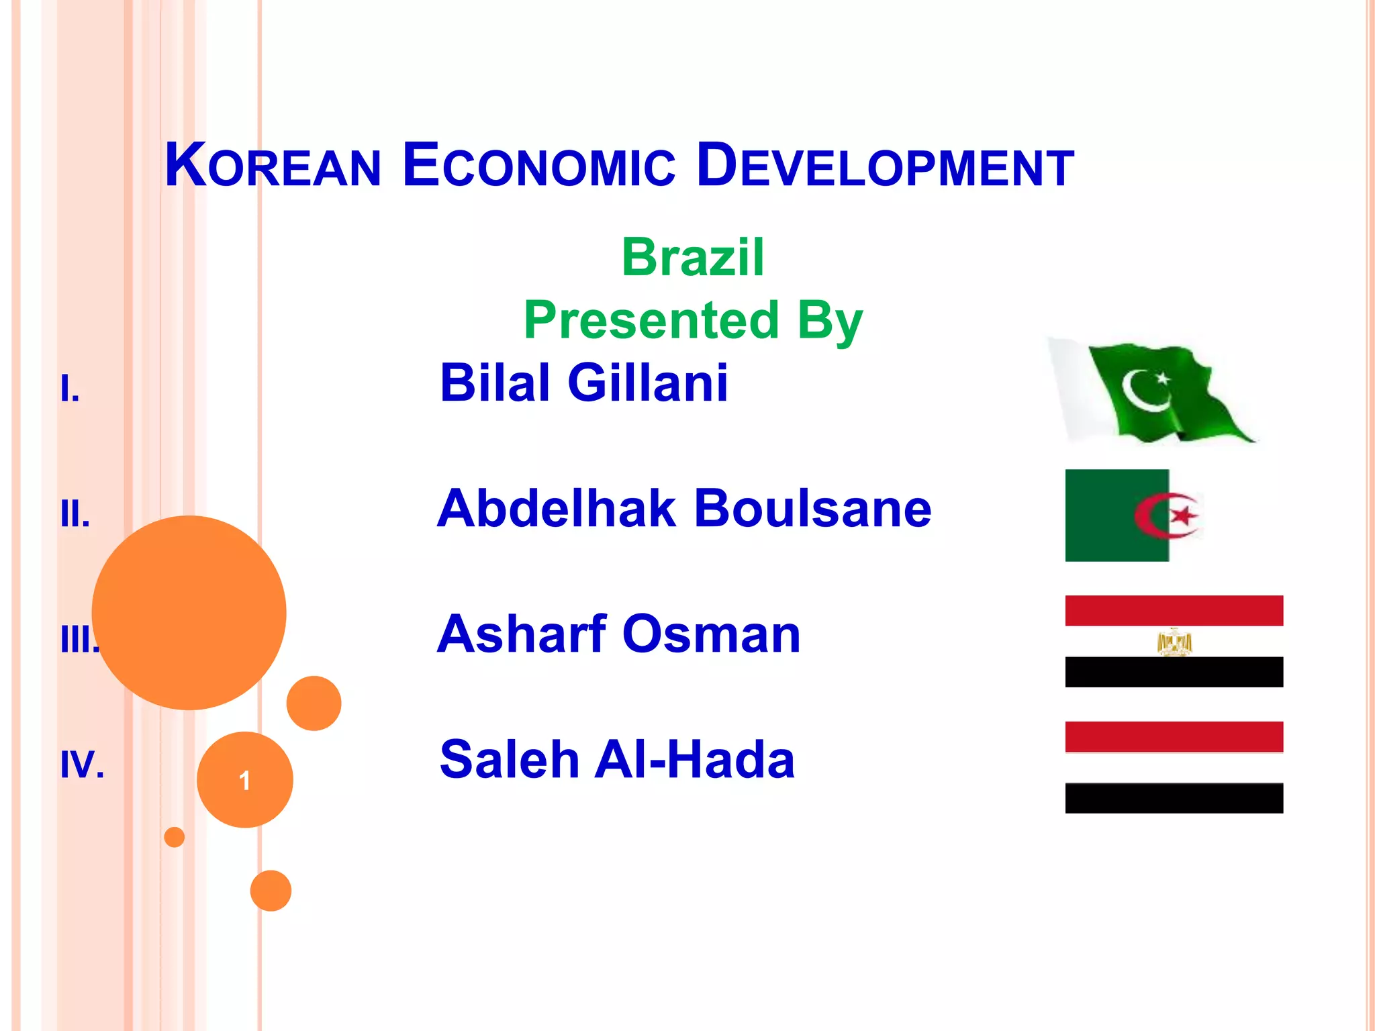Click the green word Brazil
[x=693, y=257]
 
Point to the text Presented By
[x=693, y=320]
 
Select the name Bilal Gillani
[x=583, y=383]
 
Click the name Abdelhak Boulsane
[x=684, y=508]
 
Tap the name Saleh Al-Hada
[x=617, y=759]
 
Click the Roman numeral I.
[x=70, y=389]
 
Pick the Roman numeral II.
[x=75, y=514]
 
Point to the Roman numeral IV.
[x=82, y=765]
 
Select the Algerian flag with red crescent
[x=1135, y=515]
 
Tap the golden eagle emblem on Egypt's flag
[x=1174, y=642]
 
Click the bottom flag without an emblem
[x=1174, y=767]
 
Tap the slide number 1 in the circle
[x=245, y=780]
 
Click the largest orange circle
[x=189, y=612]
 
